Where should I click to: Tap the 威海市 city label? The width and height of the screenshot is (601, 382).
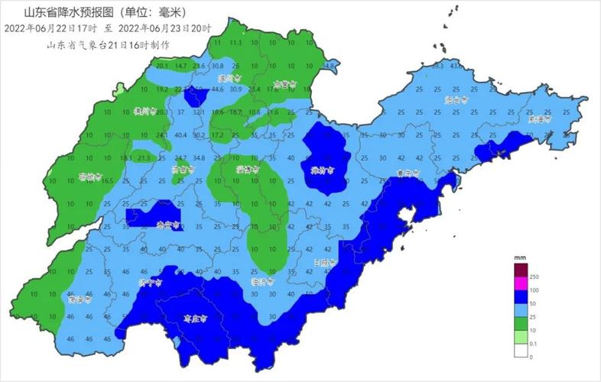540,119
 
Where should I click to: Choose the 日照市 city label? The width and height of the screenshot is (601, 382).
325,262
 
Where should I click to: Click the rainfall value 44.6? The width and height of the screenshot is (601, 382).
218,89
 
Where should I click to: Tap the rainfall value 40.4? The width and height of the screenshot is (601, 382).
181,135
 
